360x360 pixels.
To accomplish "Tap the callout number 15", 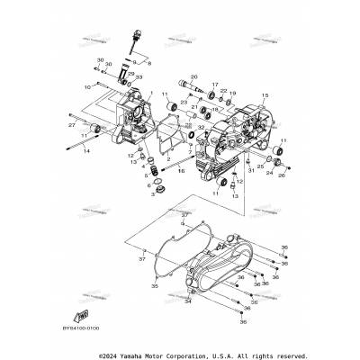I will point(265,94).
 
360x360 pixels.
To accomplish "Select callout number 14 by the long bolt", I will point(87,151).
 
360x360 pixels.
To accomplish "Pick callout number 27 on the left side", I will point(72,114).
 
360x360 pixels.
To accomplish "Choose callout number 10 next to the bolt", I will point(88,86).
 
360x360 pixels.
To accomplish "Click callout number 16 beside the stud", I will point(182,168).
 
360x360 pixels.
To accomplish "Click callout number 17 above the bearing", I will point(215,85).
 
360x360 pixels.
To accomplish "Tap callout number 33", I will point(139,78).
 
